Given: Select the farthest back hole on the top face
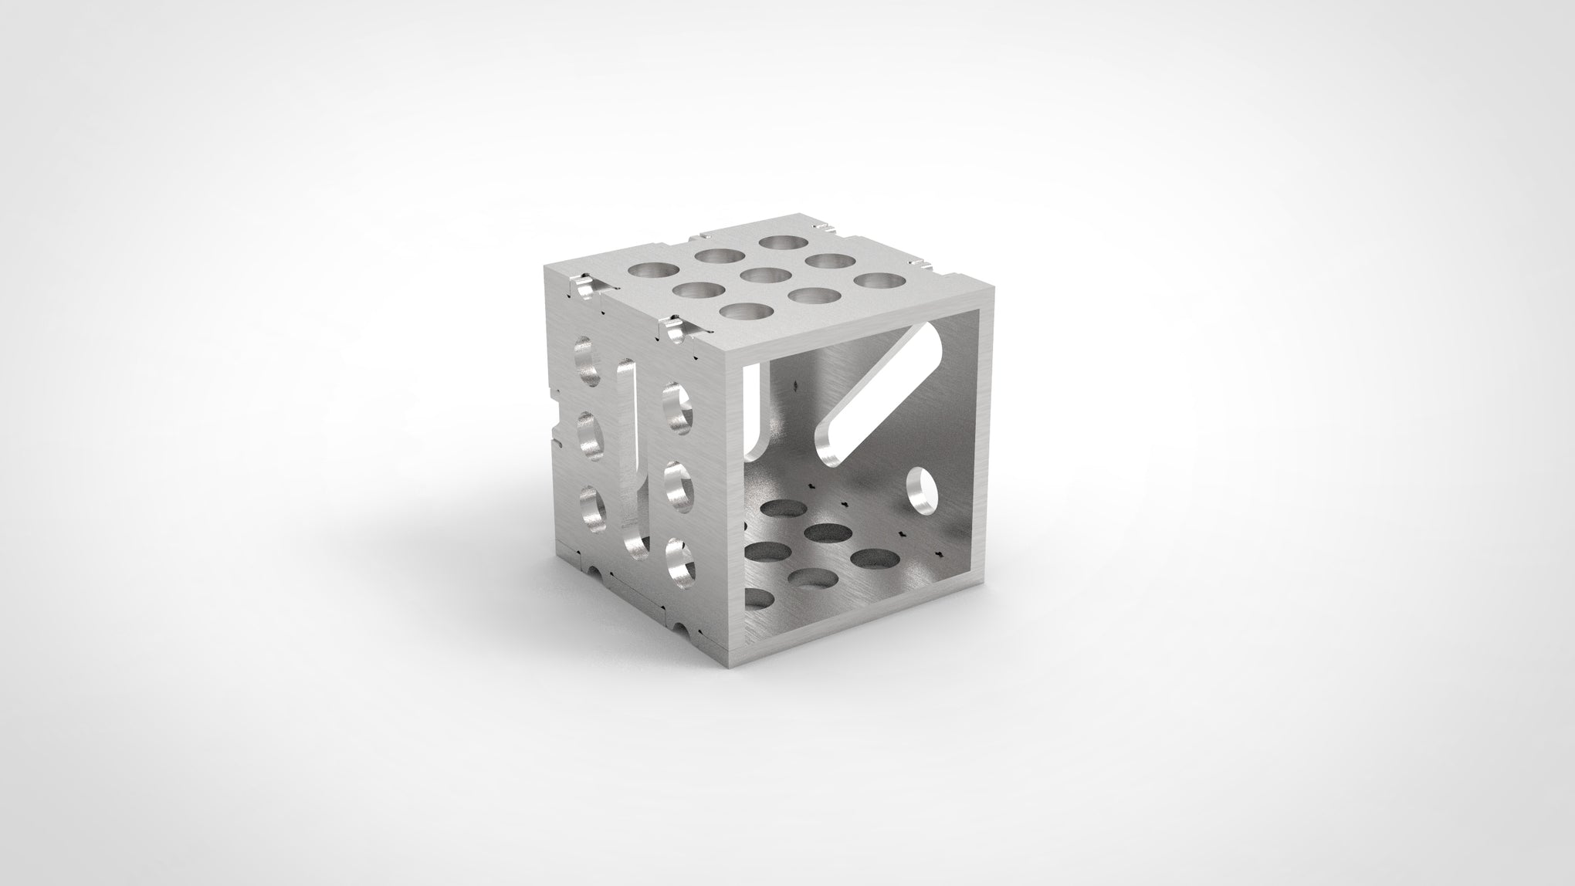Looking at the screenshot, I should click(x=779, y=243).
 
